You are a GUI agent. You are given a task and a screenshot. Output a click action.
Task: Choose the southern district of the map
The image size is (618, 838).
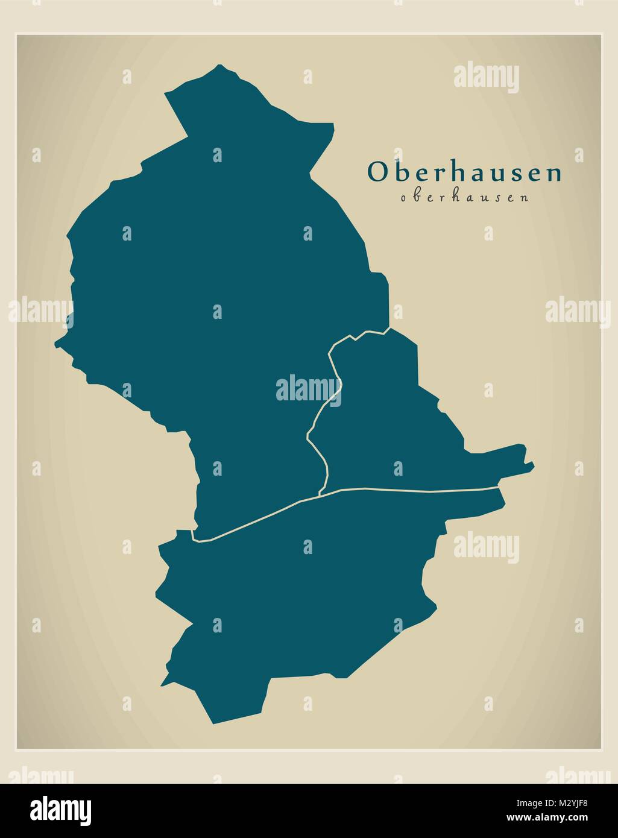click(301, 591)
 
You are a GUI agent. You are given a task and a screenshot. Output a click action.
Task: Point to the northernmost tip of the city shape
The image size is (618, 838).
click(221, 65)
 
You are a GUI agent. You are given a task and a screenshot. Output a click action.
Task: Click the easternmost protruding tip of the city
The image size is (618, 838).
click(533, 465)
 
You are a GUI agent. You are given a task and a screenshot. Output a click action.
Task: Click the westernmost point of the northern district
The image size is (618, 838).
click(55, 344)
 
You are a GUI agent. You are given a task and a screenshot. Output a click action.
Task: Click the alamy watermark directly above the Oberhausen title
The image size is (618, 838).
click(486, 78)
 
